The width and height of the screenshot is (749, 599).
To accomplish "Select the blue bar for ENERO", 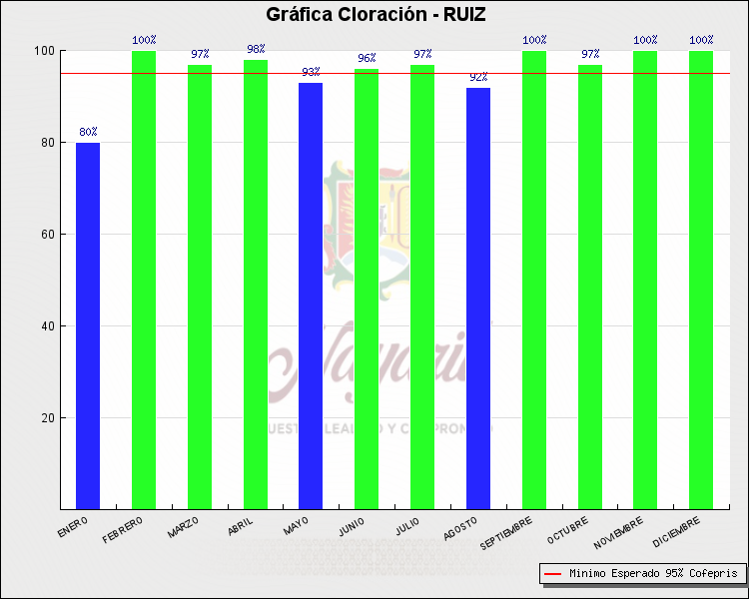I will tap(88, 324).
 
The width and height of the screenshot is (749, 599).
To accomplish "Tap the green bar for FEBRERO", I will tap(144, 280).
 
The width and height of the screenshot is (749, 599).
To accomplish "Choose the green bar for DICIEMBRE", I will tap(701, 280).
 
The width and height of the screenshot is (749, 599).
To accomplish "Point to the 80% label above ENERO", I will tap(88, 132).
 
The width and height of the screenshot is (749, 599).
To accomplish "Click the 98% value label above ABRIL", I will tap(256, 49).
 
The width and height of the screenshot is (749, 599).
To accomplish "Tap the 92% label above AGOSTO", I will tap(478, 77).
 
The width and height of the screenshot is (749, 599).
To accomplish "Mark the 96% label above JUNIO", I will tap(367, 58).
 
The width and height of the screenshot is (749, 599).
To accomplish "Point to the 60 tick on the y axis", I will tap(47, 235).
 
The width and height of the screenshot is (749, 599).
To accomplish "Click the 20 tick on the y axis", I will tap(47, 417).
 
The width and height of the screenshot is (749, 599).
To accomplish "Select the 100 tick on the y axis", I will tap(44, 51).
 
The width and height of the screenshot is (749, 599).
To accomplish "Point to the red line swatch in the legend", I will tap(553, 574).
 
